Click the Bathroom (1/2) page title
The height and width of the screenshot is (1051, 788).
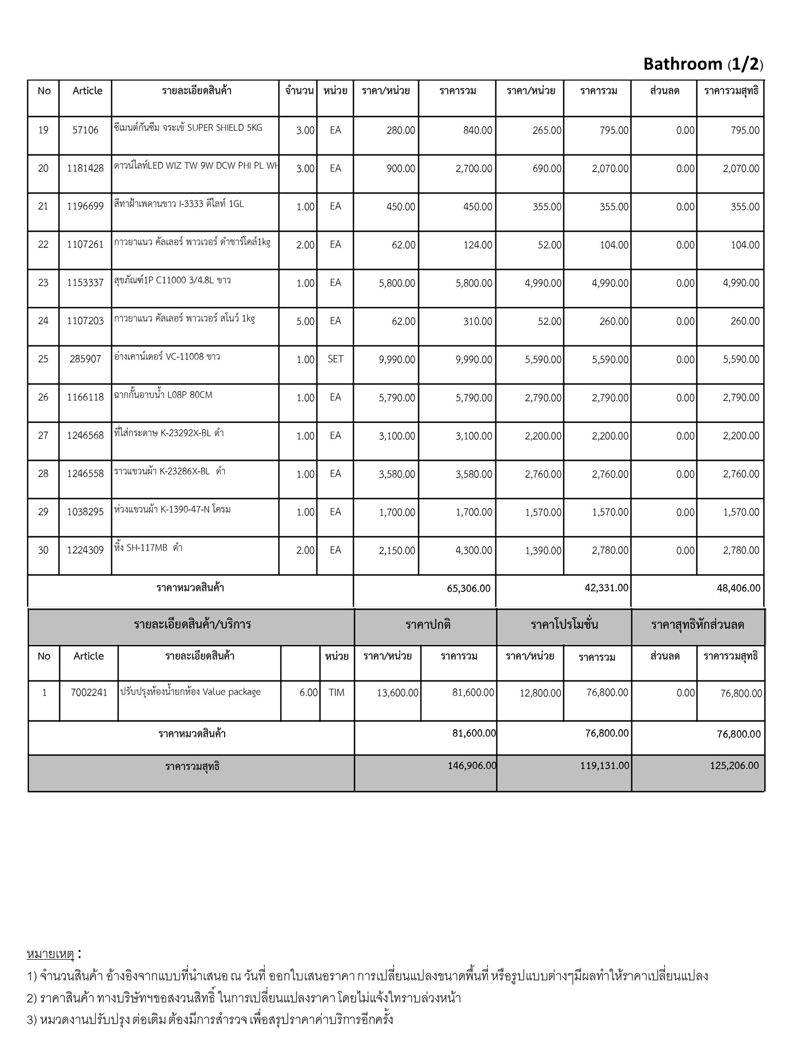pos(703,64)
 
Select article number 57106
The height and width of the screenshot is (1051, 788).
pos(85,130)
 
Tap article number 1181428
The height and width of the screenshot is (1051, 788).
pos(85,168)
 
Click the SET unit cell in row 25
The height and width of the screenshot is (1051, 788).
pos(336,359)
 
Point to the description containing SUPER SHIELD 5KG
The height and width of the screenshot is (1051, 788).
pos(188,128)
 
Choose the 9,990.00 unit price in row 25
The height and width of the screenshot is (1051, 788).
pos(397,360)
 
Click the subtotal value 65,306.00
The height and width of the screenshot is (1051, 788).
pos(469,589)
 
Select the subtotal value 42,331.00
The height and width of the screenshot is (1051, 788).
pos(606,588)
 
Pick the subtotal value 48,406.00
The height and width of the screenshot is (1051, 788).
pos(739,589)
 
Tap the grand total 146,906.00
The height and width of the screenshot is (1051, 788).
pos(472,766)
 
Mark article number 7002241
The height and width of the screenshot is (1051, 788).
pos(89,693)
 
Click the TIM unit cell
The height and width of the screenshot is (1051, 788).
pos(337,693)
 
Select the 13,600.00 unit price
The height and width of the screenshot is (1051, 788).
pos(398,693)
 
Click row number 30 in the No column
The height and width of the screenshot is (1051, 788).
pos(43,550)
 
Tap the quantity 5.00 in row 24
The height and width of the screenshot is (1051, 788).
pos(305,321)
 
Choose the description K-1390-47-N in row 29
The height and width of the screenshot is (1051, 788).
pos(172,510)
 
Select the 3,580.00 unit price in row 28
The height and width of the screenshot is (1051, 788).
pos(397,474)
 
